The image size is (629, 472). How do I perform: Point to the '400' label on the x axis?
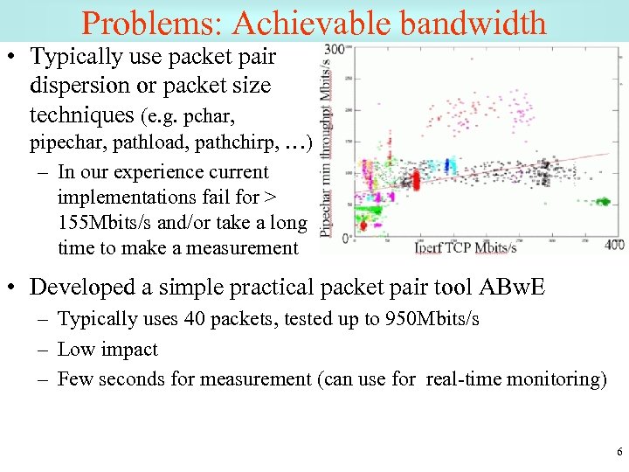coord(614,245)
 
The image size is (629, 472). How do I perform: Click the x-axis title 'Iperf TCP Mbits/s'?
coord(465,247)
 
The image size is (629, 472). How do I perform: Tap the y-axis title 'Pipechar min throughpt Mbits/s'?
coord(328,140)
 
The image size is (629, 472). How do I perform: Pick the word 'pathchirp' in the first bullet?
coord(254,142)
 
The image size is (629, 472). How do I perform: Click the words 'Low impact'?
coord(107,349)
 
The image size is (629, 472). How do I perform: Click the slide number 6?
coord(619,452)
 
